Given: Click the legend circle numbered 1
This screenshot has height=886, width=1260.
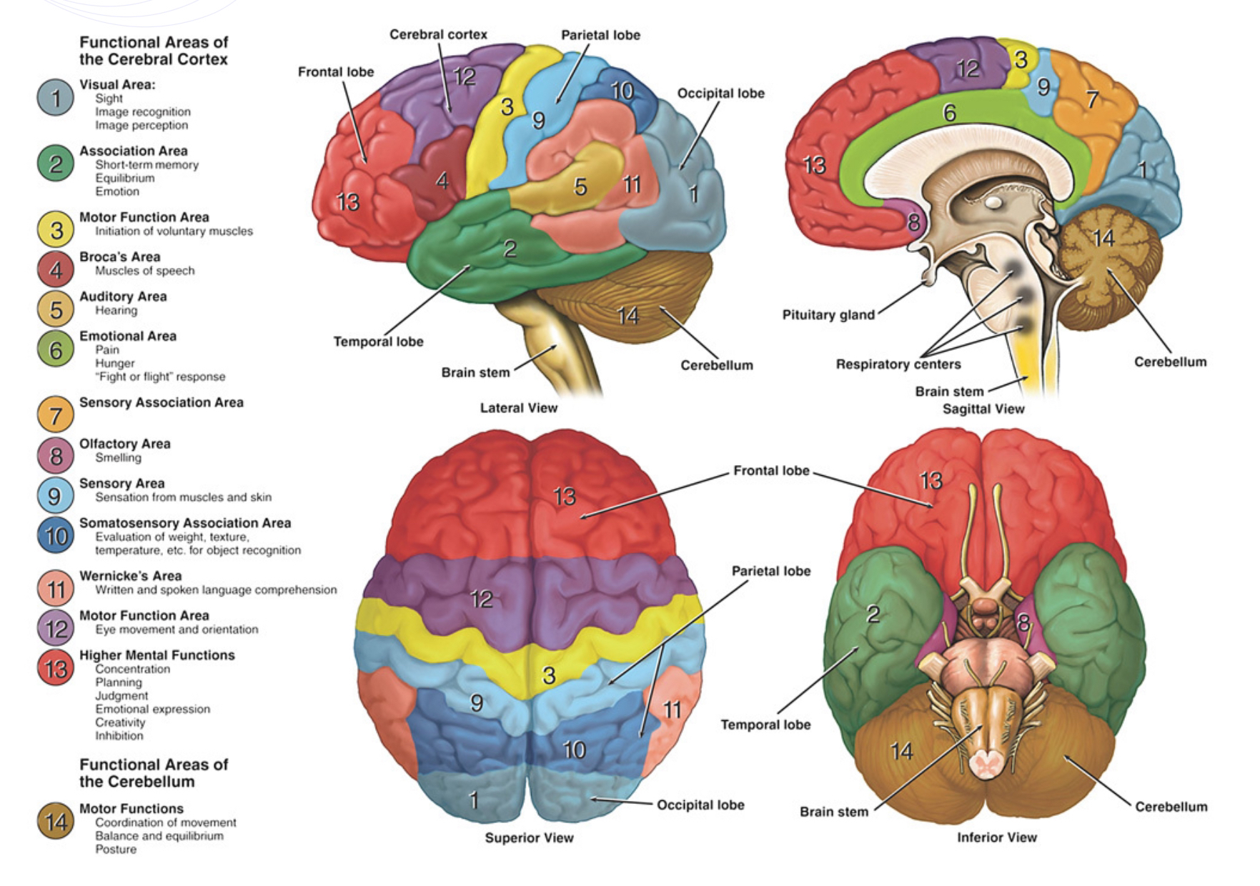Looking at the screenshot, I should [x=55, y=98].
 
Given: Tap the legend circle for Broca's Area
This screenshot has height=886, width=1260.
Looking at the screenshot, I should [x=55, y=269].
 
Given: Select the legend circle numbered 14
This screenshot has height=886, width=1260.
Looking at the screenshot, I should [x=55, y=822].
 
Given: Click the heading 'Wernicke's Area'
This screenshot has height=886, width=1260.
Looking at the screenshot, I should [x=130, y=576].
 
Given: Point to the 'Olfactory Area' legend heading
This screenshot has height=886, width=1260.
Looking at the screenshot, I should [x=124, y=444].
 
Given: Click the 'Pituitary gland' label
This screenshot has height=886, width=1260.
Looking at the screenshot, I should [x=828, y=315].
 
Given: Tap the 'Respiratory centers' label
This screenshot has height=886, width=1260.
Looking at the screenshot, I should [x=898, y=364].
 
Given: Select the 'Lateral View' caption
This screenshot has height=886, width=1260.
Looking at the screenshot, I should [x=518, y=408].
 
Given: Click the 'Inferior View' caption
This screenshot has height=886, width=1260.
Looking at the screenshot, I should [x=996, y=837].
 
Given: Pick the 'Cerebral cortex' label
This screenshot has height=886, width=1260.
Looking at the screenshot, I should [x=438, y=34].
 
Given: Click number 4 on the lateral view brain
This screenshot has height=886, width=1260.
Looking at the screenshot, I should [x=442, y=181].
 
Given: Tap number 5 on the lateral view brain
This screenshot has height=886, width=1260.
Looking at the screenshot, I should [x=580, y=187].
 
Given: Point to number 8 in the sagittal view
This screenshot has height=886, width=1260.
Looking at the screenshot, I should [x=913, y=223].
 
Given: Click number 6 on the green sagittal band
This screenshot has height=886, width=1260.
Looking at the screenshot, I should [x=948, y=113].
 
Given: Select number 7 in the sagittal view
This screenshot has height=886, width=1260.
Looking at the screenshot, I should [x=1091, y=99].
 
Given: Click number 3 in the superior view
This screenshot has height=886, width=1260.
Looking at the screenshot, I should [x=548, y=675].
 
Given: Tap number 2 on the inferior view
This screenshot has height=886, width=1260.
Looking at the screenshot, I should [x=872, y=613].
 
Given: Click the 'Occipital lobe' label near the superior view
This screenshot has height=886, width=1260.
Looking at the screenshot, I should [x=700, y=805].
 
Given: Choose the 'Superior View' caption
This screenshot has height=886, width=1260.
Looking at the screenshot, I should [x=529, y=837].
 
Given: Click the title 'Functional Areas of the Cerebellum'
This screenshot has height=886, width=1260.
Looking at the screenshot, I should [x=153, y=773].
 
